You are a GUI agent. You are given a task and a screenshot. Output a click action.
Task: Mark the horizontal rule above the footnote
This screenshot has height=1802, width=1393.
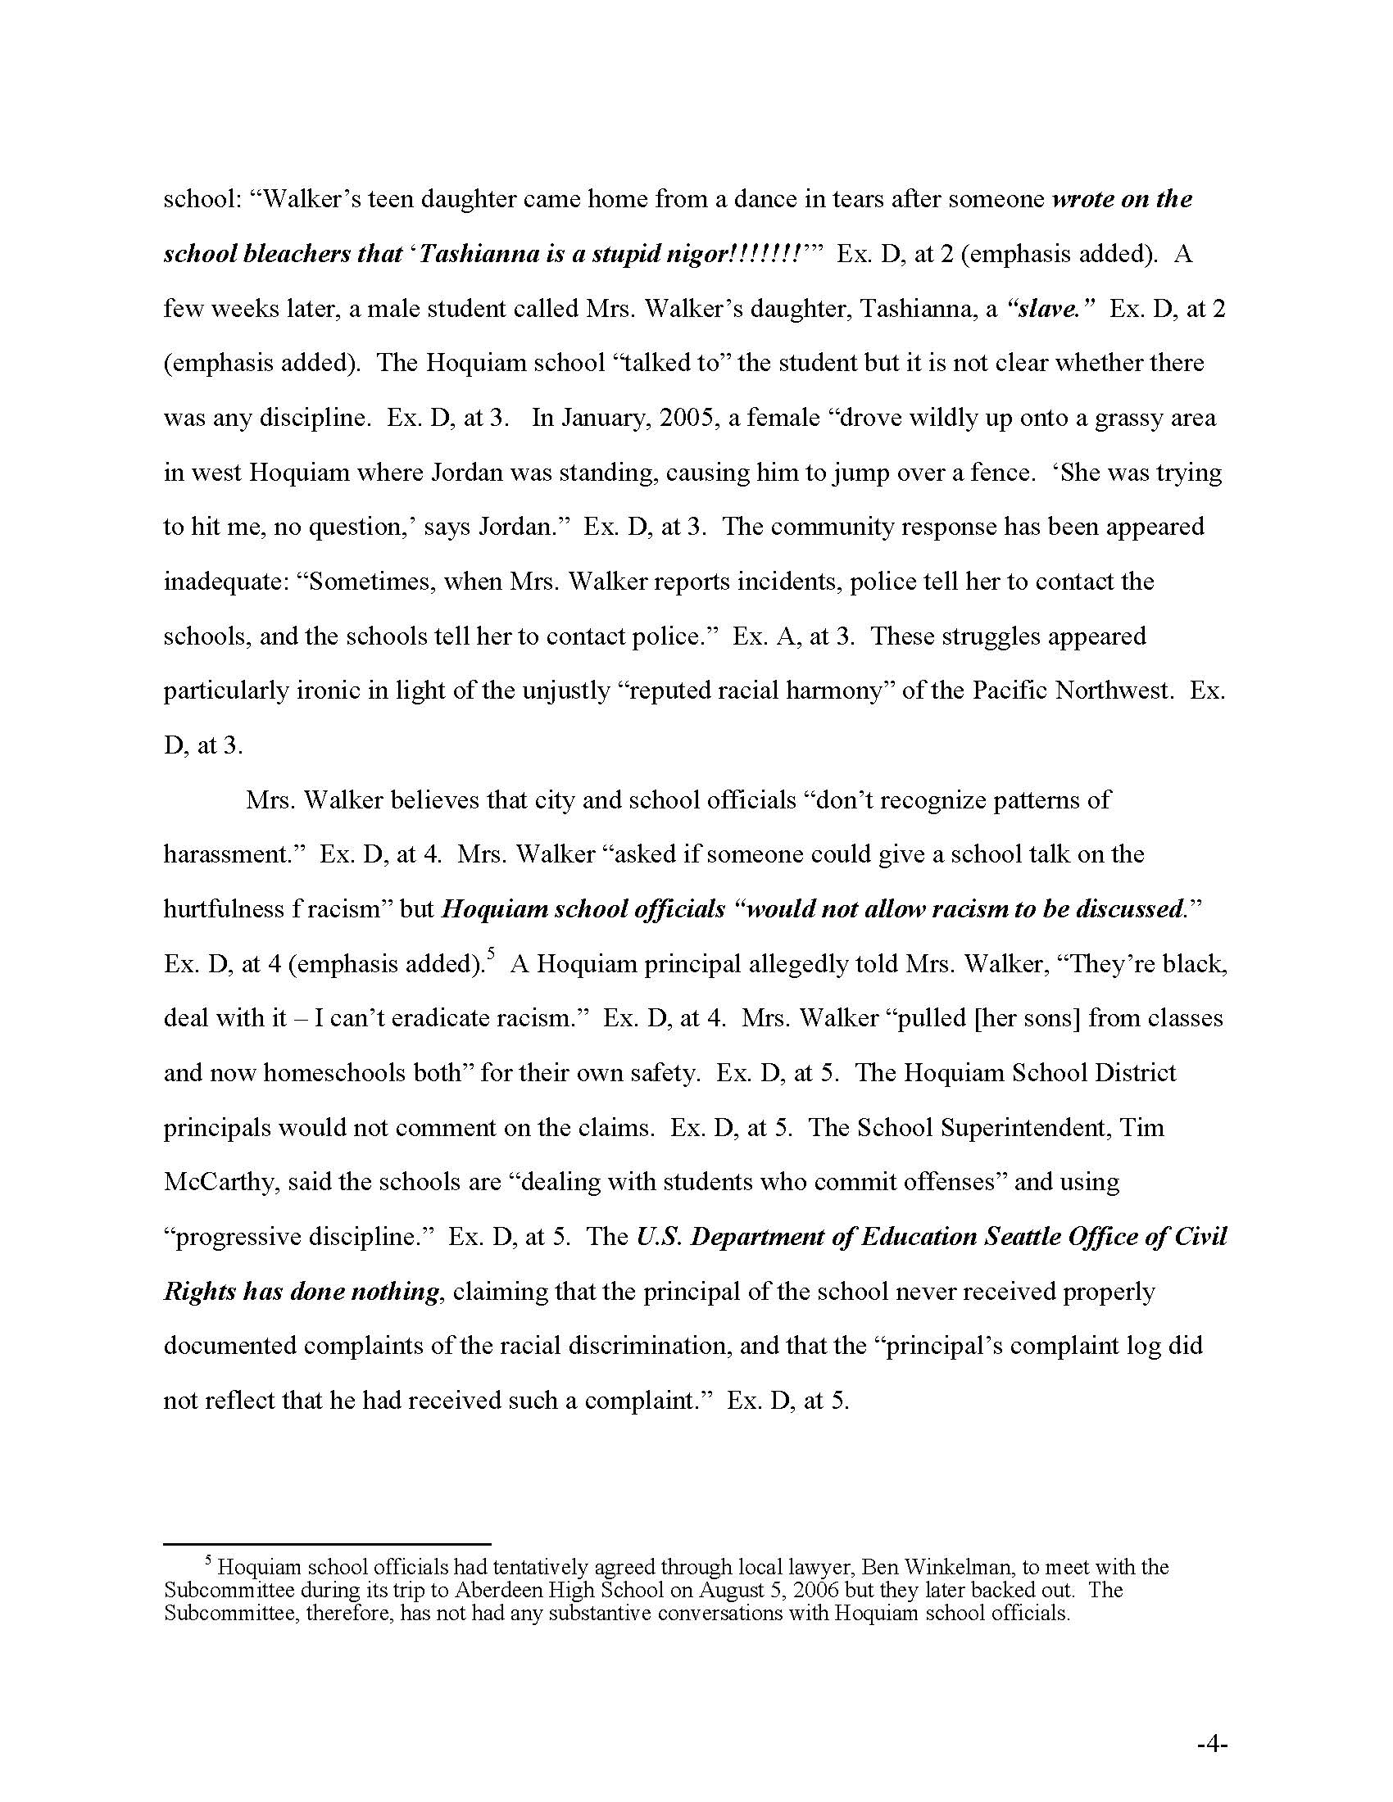[327, 1543]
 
